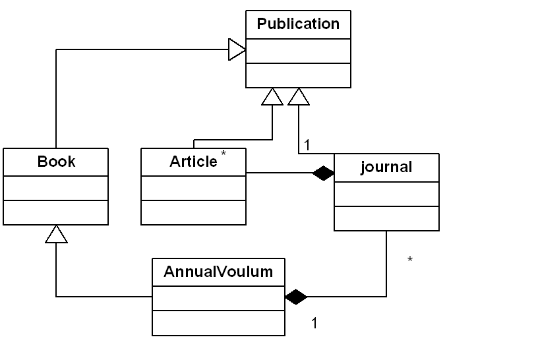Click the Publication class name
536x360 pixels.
coord(298,24)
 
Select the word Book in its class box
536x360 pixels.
coord(56,162)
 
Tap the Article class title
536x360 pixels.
coord(193,162)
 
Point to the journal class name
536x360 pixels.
coord(386,167)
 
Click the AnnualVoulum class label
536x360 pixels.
coord(218,271)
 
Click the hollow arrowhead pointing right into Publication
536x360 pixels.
coord(237,49)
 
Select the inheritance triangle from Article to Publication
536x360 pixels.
coord(272,97)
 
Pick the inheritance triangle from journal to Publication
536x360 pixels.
coord(299,97)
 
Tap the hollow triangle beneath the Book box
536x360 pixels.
coord(57,233)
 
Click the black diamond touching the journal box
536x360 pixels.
coord(323,173)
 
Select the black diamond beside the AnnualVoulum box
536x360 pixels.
coord(296,297)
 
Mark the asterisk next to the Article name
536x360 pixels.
coord(223,154)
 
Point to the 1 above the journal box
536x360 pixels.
coord(307,144)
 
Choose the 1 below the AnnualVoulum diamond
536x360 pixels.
coord(314,323)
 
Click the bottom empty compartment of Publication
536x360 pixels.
coord(298,75)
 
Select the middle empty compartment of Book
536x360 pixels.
coord(56,188)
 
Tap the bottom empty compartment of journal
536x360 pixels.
coord(386,218)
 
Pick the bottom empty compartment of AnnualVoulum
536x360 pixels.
coord(218,322)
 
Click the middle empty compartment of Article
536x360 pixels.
coord(193,188)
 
